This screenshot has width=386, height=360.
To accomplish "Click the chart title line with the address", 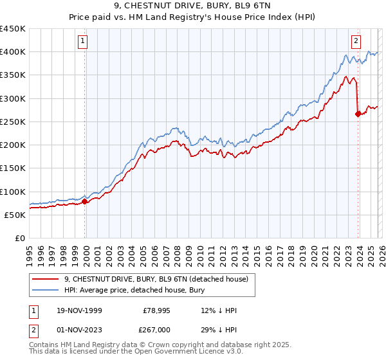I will click(x=193, y=6).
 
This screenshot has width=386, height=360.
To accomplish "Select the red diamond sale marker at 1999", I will click(x=85, y=201).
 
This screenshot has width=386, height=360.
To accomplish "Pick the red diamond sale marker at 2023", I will click(x=358, y=114).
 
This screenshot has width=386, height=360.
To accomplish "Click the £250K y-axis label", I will click(x=13, y=122).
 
